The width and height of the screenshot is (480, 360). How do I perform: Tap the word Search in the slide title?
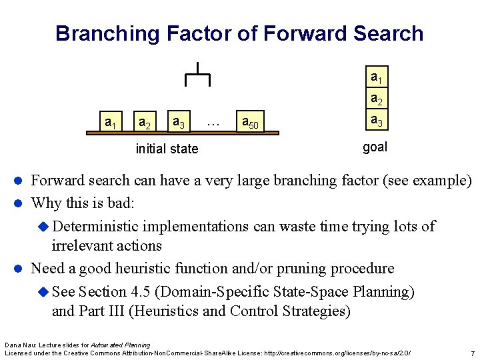coord(385,33)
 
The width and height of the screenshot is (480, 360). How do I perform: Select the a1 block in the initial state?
coord(111,122)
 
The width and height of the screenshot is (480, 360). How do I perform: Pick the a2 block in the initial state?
coord(143,123)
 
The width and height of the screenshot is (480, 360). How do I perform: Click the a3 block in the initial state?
coord(179,122)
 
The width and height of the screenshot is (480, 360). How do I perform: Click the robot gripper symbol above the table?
coord(197,74)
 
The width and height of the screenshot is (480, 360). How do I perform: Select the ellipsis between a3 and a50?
coord(213,123)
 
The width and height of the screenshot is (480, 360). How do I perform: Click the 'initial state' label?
coord(167,149)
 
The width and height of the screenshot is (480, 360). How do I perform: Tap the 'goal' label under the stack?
coord(375,147)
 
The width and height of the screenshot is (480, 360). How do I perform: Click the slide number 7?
coord(472,353)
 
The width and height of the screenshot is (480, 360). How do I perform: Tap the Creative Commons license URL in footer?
coord(337,352)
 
